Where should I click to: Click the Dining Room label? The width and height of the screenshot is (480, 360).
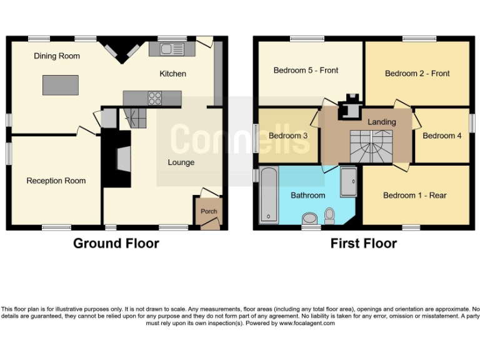pos(57,56)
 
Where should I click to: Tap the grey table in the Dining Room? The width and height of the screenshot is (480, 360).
pos(61,84)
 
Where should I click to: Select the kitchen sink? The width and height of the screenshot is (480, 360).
pos(167,49)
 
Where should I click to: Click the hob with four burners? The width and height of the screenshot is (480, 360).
pos(155,98)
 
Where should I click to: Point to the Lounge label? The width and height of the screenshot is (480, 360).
pos(181,162)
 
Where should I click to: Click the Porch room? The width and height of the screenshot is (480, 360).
pos(208,211)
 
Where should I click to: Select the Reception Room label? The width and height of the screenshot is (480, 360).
pos(56,181)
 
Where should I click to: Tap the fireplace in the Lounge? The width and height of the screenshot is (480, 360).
pos(123,159)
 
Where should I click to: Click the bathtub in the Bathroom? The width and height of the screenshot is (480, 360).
pos(269,196)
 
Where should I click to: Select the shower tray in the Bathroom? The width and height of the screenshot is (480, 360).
pos(348,181)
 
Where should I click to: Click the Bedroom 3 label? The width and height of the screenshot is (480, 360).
pos(288,136)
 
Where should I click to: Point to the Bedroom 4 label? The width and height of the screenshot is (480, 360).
pos(442,136)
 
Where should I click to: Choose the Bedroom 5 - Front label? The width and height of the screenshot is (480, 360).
pos(306,71)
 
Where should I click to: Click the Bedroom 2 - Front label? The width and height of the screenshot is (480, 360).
pos(417,74)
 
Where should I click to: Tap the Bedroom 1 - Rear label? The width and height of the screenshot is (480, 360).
pos(414,196)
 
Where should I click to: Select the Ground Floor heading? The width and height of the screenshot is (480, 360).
pos(116,244)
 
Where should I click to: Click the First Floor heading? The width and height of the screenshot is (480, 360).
pos(363,244)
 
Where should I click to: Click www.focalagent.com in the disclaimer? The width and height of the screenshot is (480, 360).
pos(307,324)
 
